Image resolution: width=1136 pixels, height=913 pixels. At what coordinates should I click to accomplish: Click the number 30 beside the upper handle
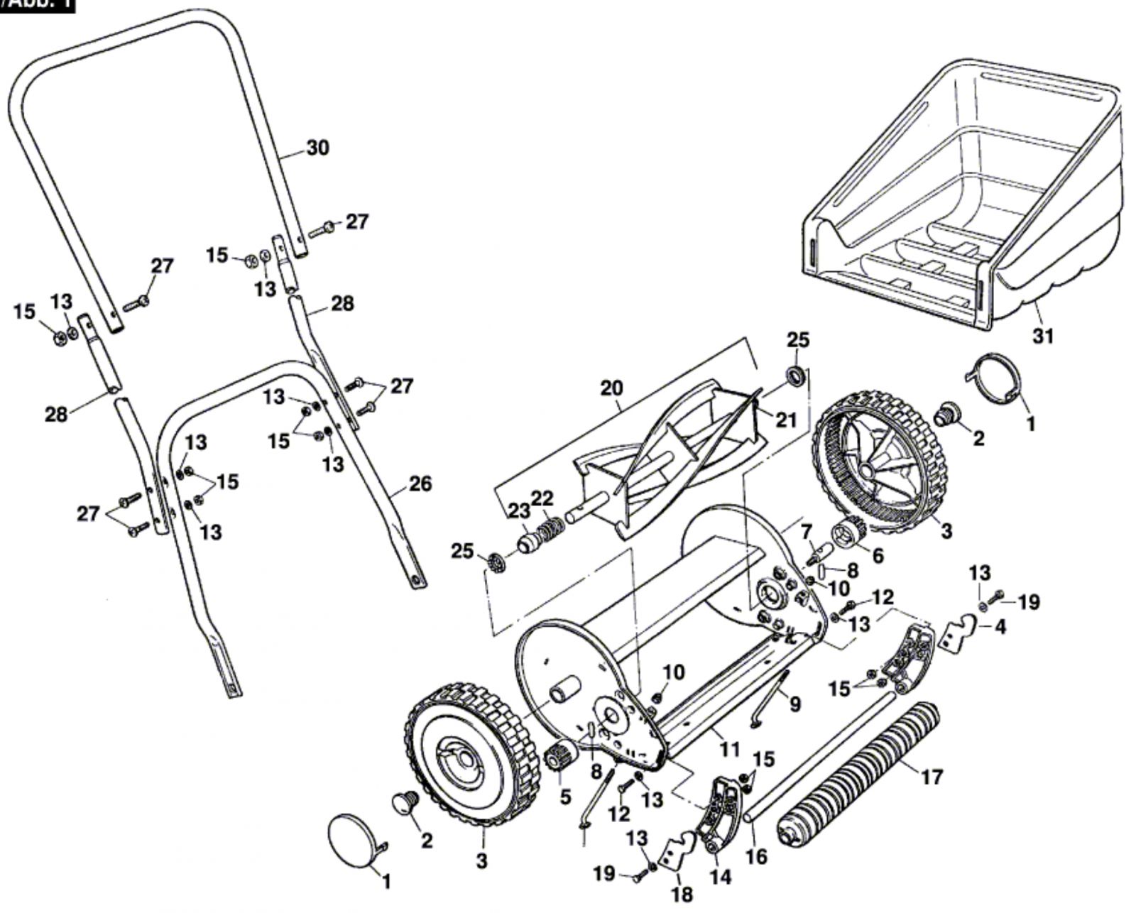(x=317, y=148)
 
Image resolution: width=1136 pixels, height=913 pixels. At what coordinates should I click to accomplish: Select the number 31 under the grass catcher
(x=1042, y=335)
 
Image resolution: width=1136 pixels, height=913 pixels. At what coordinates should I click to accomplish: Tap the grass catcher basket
(x=966, y=199)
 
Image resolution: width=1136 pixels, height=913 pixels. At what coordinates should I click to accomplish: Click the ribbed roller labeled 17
(x=859, y=774)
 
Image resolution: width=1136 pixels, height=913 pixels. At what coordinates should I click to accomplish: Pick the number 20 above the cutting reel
(x=611, y=388)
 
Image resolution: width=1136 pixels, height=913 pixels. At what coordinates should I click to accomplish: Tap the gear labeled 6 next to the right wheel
(x=848, y=534)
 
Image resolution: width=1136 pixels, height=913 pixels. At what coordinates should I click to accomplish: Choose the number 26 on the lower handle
(x=420, y=483)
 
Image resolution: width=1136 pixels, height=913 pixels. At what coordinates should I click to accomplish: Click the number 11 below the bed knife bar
(x=729, y=749)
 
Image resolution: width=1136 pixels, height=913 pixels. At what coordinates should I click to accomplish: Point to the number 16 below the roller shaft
(x=757, y=856)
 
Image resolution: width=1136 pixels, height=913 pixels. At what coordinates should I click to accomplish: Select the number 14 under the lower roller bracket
(x=720, y=878)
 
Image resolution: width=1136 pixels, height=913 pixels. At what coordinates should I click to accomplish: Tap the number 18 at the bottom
(x=682, y=894)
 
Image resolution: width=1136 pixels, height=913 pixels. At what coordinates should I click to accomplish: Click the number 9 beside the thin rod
(x=794, y=704)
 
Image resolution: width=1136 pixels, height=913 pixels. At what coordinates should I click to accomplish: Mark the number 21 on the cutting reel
(x=785, y=420)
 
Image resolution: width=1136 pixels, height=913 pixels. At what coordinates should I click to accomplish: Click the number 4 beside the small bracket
(x=1000, y=628)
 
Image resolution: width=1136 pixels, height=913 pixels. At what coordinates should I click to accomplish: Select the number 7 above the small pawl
(x=805, y=530)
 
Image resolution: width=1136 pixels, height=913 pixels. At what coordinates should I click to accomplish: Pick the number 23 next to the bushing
(x=519, y=510)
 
